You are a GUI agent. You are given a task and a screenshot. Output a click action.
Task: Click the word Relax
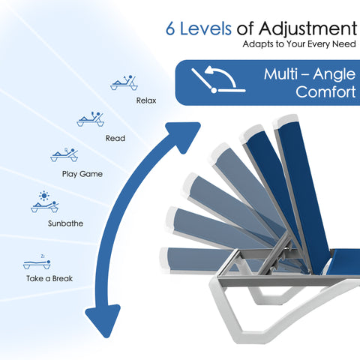tap(146, 100)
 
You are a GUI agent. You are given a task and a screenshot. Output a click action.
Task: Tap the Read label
tap(115, 138)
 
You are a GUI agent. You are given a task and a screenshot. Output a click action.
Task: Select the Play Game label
tap(82, 174)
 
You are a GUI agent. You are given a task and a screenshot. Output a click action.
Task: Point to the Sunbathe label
tap(65, 223)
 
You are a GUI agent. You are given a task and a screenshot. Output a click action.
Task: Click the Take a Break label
tap(49, 278)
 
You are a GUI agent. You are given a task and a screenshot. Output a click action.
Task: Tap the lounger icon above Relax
tap(124, 82)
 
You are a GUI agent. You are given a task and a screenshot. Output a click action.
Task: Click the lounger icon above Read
tap(90, 119)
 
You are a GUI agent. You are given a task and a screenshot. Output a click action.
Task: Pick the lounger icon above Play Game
tap(64, 154)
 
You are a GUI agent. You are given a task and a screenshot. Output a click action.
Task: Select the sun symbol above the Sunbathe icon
tap(44, 196)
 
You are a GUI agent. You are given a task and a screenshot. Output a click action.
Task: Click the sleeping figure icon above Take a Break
tap(37, 262)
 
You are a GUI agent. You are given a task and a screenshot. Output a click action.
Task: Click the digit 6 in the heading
tap(170, 28)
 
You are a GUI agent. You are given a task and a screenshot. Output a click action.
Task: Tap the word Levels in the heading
tap(205, 28)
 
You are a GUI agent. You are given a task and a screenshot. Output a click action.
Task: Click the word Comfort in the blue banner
tap(325, 92)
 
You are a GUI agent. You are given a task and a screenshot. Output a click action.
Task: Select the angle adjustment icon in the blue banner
tap(218, 79)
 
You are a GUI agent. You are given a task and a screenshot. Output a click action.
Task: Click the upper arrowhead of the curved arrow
tap(184, 136)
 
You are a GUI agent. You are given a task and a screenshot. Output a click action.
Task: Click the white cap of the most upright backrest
tap(286, 121)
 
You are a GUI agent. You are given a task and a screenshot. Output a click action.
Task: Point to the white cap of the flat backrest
tap(163, 260)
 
